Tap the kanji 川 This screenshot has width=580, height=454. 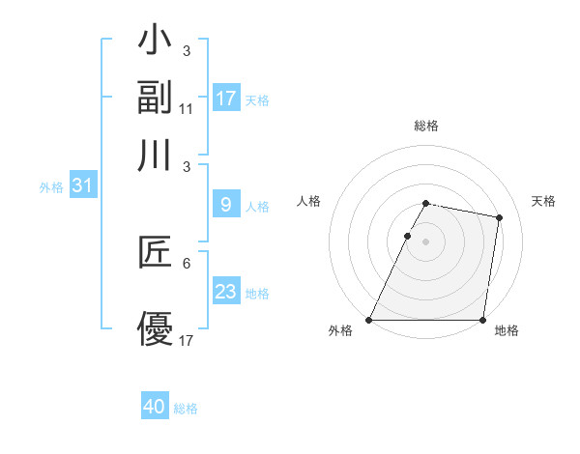click(x=156, y=154)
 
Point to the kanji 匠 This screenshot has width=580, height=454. click(x=156, y=252)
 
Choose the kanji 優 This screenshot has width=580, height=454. click(x=156, y=329)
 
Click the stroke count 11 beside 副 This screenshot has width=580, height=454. click(x=187, y=108)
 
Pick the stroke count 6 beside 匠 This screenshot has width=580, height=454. click(x=187, y=263)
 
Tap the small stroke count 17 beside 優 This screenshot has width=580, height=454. click(x=187, y=340)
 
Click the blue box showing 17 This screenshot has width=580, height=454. click(x=226, y=99)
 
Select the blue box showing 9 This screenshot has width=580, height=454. click(x=226, y=205)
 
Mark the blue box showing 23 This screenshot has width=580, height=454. click(x=226, y=291)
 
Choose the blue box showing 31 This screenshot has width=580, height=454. click(x=82, y=185)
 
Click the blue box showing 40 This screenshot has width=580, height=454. click(x=155, y=407)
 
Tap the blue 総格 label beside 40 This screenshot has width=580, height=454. click(x=186, y=409)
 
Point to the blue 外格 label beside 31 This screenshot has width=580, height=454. click(x=51, y=187)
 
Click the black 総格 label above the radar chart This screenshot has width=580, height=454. click(x=425, y=126)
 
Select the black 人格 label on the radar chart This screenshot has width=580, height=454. click(x=309, y=201)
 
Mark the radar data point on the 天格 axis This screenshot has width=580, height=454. click(x=499, y=218)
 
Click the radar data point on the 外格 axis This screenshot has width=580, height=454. click(x=369, y=320)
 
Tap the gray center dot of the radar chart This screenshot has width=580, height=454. click(x=425, y=241)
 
